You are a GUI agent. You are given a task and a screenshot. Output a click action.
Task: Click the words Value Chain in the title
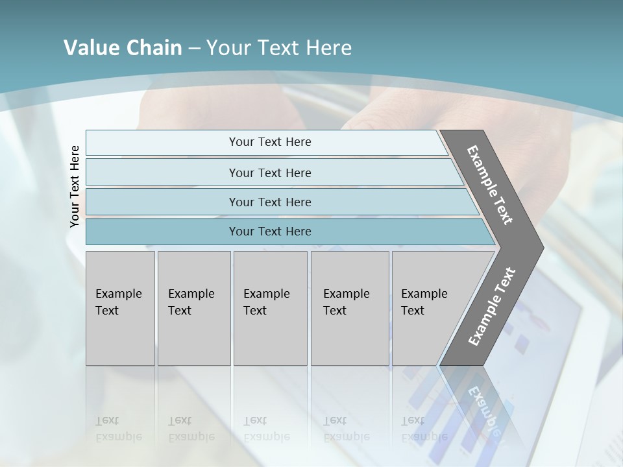[x=123, y=48]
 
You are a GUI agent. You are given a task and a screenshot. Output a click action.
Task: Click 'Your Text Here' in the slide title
[x=279, y=48]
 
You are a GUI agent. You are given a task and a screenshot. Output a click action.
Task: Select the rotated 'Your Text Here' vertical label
[x=75, y=186]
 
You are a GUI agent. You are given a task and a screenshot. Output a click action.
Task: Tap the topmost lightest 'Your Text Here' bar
[x=269, y=142]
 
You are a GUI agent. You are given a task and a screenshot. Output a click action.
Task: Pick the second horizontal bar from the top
[x=269, y=173]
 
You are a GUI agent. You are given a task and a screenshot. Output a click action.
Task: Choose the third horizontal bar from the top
[x=269, y=202]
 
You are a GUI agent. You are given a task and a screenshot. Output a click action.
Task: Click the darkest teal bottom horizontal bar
[x=269, y=232]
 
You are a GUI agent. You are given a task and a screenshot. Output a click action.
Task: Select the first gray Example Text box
[x=120, y=308]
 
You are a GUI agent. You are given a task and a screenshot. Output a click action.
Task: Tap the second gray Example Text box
[x=194, y=308]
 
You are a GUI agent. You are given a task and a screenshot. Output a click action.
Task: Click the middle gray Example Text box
[x=270, y=308]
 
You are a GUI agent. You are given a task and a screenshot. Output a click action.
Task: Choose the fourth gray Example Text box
[x=350, y=308]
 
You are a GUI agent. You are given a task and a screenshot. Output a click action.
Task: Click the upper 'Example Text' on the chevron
[x=490, y=185]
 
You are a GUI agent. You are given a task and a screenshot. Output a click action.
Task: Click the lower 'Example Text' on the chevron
[x=491, y=307]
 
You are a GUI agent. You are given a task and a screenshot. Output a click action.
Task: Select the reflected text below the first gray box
[x=118, y=429]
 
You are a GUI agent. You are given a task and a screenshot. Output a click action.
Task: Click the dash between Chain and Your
[x=194, y=48]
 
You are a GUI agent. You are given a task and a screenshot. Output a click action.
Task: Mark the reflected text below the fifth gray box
[x=424, y=429]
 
